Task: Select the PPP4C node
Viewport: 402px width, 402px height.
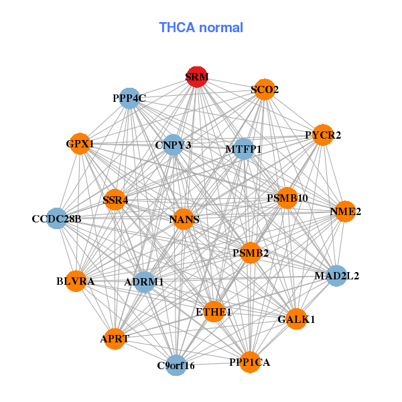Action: (x=129, y=98)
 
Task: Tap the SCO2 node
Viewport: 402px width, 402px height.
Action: (x=265, y=89)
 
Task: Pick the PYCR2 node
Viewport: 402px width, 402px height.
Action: (x=323, y=135)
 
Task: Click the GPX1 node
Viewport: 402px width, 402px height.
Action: (x=80, y=143)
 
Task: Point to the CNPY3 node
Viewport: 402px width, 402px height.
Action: (x=173, y=145)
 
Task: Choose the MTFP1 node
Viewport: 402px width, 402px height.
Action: (x=243, y=149)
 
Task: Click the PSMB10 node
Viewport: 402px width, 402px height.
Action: (x=287, y=198)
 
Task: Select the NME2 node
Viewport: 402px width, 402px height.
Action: (x=345, y=212)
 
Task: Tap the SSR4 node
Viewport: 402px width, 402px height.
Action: (x=115, y=200)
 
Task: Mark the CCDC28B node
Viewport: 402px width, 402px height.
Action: (x=56, y=218)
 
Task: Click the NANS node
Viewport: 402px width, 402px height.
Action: (x=184, y=219)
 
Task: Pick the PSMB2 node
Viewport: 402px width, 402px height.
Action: (x=250, y=253)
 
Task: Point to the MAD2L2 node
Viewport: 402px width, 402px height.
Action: (x=336, y=275)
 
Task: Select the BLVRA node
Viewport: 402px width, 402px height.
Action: (x=76, y=281)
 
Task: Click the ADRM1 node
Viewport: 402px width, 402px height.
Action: (x=143, y=282)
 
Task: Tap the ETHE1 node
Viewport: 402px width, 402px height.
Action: (x=213, y=312)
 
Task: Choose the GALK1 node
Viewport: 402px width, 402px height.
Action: (x=296, y=319)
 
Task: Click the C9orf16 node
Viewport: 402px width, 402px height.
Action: (x=176, y=365)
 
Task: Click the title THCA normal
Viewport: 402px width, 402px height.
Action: (x=201, y=27)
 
